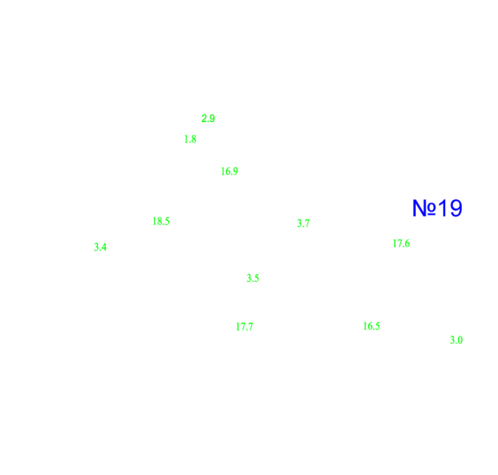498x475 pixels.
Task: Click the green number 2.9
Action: pyautogui.click(x=208, y=119)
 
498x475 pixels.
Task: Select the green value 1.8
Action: pyautogui.click(x=191, y=139)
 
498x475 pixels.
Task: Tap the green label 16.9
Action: pyautogui.click(x=230, y=171)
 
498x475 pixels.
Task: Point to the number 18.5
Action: pyautogui.click(x=161, y=221)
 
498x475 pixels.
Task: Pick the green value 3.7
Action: pyautogui.click(x=303, y=223)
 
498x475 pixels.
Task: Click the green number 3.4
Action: pyautogui.click(x=100, y=247)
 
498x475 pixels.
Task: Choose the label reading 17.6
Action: pyautogui.click(x=401, y=243)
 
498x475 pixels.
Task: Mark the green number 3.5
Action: pyautogui.click(x=253, y=279)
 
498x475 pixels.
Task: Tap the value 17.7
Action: pyautogui.click(x=244, y=327)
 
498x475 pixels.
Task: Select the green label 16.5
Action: pyautogui.click(x=372, y=326)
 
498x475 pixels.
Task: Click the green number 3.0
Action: pyautogui.click(x=456, y=340)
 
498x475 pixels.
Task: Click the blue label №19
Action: pyautogui.click(x=437, y=209)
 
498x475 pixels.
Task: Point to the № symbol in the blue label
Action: pyautogui.click(x=424, y=209)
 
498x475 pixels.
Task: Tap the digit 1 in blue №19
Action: pyautogui.click(x=443, y=209)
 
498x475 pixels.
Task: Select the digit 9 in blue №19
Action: pyautogui.click(x=456, y=209)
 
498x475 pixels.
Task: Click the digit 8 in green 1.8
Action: pyautogui.click(x=193, y=139)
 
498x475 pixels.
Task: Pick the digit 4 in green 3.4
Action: pyautogui.click(x=104, y=247)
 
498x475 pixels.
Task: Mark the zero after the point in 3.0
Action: pyautogui.click(x=460, y=340)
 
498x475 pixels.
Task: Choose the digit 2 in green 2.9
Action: pyautogui.click(x=204, y=119)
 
